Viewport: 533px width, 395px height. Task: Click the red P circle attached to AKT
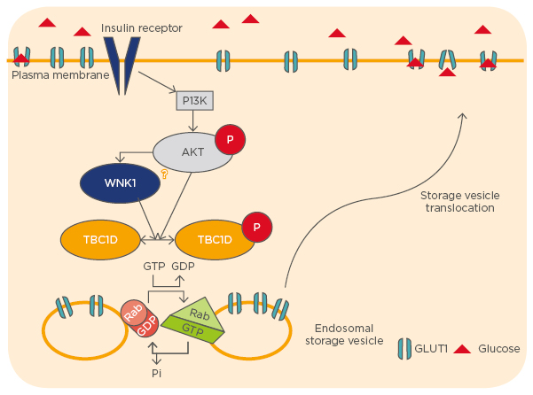click(231, 140)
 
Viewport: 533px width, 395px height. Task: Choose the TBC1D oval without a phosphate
click(100, 240)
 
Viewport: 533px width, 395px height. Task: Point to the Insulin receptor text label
click(142, 28)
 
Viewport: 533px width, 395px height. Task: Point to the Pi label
click(157, 374)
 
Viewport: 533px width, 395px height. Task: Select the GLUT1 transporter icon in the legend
click(404, 349)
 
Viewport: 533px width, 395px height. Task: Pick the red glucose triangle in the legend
click(462, 349)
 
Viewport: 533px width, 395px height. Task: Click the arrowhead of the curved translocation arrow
click(465, 116)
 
